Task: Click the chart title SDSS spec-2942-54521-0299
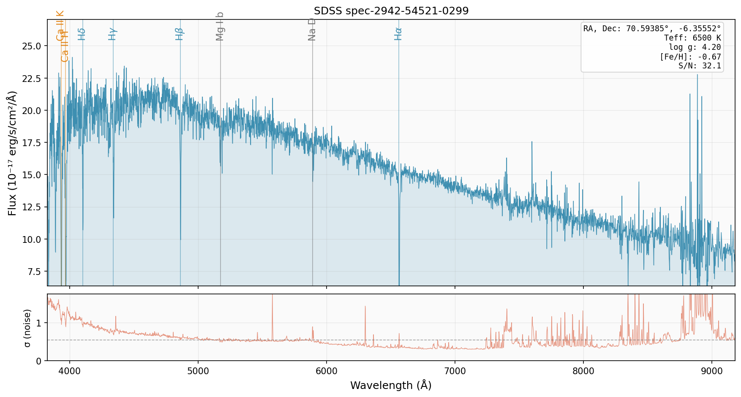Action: [391, 11]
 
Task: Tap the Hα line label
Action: [398, 34]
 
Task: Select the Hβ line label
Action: [180, 34]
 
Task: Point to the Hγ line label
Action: [112, 34]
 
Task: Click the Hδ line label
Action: [82, 34]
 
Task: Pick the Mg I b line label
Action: [220, 26]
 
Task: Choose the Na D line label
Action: [312, 29]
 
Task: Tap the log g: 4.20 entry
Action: [695, 47]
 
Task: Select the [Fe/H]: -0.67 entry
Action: [690, 57]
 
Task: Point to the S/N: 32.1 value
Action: [699, 66]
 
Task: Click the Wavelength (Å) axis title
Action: [391, 385]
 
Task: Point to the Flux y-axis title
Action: [12, 153]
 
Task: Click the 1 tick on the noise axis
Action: [39, 324]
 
